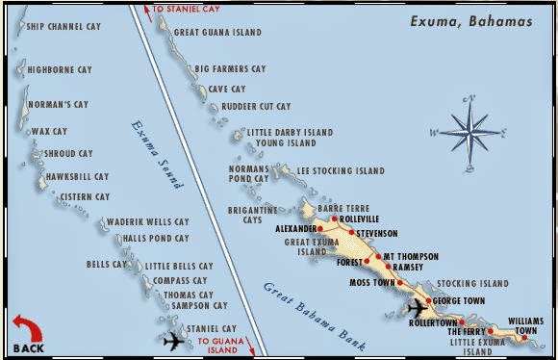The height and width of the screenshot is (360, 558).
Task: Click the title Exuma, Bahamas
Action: pos(470,20)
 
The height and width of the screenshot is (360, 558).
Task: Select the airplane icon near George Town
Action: pos(418,308)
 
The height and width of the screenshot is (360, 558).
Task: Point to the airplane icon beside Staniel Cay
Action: pos(175,340)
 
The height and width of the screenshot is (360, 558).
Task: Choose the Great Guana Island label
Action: pos(216,32)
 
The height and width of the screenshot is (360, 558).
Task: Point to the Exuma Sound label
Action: pos(152,150)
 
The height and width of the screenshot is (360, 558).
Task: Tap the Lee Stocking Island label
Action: pos(340,171)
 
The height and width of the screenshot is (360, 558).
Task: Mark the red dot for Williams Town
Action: pos(524,337)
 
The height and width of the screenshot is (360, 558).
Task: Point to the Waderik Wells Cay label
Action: pos(147,221)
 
